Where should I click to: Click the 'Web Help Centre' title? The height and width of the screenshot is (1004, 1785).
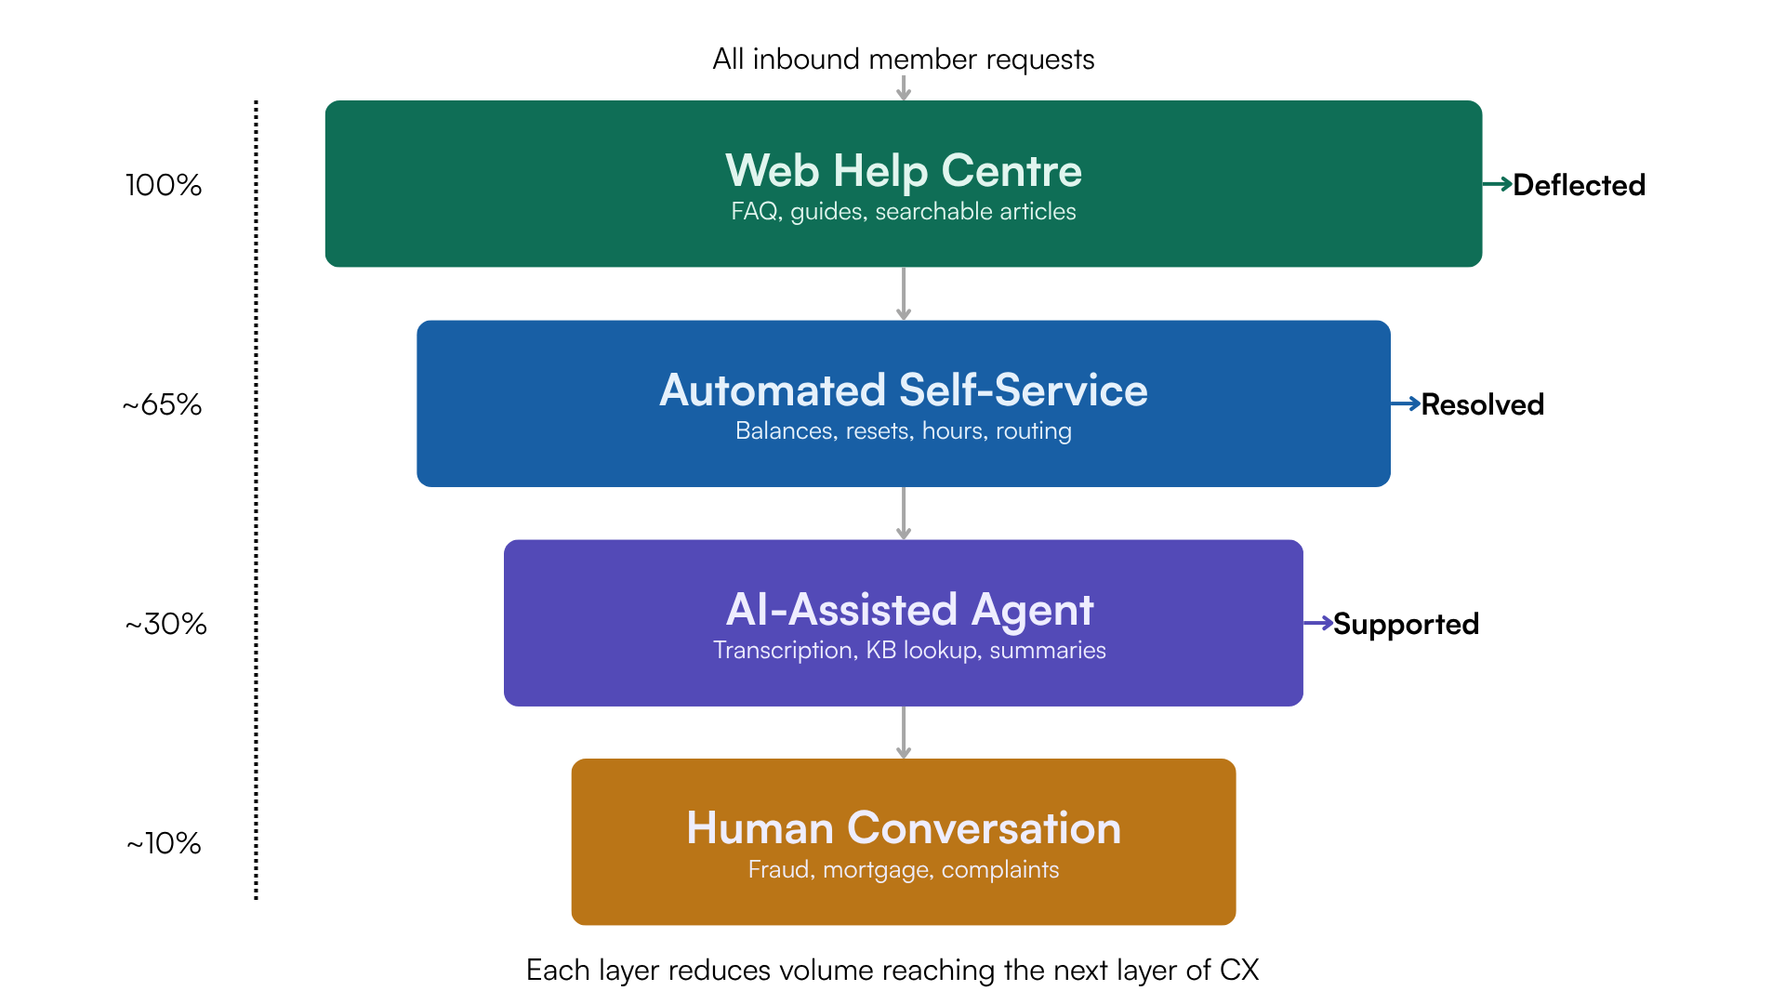tap(903, 171)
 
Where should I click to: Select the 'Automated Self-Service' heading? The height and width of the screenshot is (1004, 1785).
tap(903, 390)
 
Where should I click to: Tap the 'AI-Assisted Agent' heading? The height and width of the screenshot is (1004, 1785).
tap(909, 610)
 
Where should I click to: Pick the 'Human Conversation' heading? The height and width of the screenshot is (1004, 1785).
tap(903, 828)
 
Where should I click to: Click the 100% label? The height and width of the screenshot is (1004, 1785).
tap(164, 185)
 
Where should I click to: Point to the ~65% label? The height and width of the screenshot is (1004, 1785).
tap(163, 404)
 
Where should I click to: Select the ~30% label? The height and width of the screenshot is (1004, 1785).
tap(165, 624)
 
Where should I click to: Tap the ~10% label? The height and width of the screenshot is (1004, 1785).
tap(164, 843)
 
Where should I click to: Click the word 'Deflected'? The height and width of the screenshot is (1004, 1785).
tap(1579, 185)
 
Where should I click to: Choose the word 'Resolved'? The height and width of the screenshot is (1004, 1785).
tap(1482, 404)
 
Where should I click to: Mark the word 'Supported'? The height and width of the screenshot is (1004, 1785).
tap(1406, 624)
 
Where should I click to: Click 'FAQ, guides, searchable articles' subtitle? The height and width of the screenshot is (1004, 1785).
tap(903, 212)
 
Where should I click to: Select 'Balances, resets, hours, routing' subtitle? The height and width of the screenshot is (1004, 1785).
tap(903, 431)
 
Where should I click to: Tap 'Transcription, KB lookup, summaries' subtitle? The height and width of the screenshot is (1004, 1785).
tap(909, 651)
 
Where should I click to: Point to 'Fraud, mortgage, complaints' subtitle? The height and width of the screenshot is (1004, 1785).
tap(903, 870)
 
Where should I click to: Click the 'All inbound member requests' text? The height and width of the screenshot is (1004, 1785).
tap(903, 59)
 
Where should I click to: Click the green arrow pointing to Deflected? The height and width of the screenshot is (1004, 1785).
tap(1497, 184)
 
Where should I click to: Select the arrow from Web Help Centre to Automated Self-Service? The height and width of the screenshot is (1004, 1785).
tap(903, 294)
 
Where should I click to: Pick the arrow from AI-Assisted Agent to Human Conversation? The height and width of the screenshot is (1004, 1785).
tap(903, 733)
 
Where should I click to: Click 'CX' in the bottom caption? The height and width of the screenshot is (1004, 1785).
tap(1239, 971)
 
